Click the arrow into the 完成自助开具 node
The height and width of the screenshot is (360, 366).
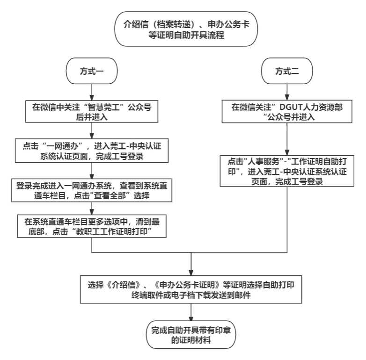[x=192, y=312]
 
